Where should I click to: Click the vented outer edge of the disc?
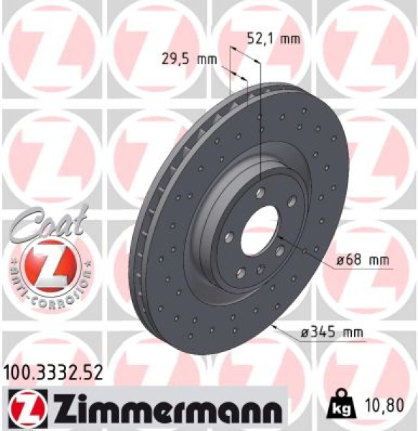pyautogui.click(x=147, y=215)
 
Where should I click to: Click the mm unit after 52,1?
pyautogui.click(x=289, y=39)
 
